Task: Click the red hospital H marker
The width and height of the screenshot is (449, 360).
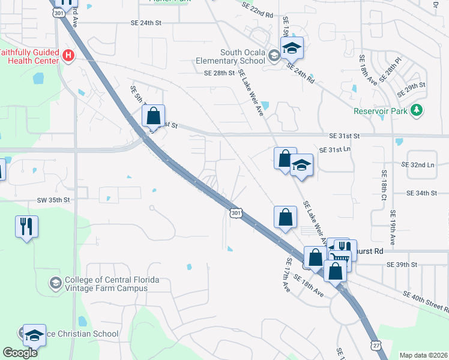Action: click(x=68, y=56)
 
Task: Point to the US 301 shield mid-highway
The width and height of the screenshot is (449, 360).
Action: click(x=236, y=212)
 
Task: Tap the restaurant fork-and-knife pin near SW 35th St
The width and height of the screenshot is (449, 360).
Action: click(x=26, y=227)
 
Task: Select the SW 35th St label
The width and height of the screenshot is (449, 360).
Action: click(x=54, y=199)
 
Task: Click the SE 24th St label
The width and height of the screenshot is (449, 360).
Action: click(x=146, y=23)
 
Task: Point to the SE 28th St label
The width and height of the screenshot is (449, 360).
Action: click(x=218, y=73)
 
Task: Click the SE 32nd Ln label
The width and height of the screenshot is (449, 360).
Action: click(x=417, y=164)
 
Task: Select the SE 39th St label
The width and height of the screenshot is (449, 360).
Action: click(x=402, y=264)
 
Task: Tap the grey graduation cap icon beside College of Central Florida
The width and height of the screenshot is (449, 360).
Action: click(x=55, y=283)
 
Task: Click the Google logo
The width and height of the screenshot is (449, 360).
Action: click(x=20, y=353)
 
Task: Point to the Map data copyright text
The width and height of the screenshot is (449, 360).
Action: click(x=424, y=355)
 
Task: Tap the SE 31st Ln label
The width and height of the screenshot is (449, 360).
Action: click(x=334, y=149)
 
